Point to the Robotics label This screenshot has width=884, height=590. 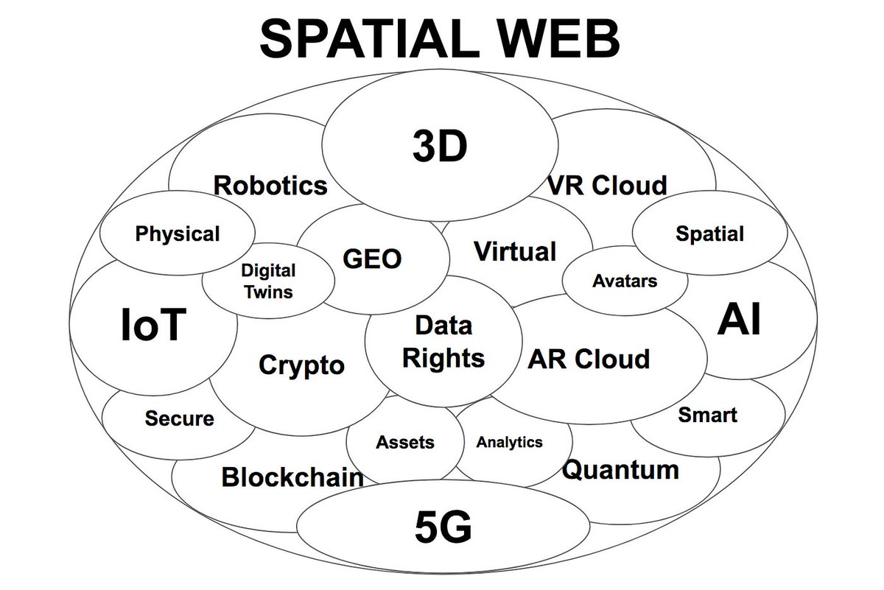[270, 185]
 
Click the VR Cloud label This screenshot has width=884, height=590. [607, 185]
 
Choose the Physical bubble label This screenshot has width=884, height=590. [178, 234]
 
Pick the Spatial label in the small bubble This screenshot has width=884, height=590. [709, 234]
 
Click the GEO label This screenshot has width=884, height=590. [373, 259]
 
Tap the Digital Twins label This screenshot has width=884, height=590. [267, 281]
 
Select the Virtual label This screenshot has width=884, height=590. [514, 251]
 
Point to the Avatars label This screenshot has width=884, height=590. [625, 281]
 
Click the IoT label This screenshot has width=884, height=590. [153, 325]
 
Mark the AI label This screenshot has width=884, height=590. [739, 320]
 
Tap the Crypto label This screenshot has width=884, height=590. [302, 365]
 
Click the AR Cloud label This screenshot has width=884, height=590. [589, 359]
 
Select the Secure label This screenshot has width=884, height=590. [179, 418]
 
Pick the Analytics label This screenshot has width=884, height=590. [509, 442]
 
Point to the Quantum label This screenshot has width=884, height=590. [620, 469]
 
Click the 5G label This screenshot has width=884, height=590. [442, 527]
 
